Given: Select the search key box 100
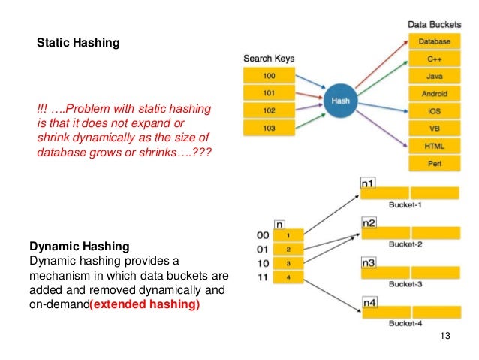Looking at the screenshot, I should pos(269,76).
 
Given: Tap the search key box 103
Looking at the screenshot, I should pos(269,128).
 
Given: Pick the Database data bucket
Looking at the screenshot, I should pos(434,41).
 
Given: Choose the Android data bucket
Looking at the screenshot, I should pos(434,93).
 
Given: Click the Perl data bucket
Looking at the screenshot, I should pos(434,162).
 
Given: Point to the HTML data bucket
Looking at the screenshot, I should pos(434,145).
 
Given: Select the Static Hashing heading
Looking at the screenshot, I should pos(78,44).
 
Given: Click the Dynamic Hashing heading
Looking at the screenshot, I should pos(79,246).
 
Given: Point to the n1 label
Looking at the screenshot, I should pos(368,183).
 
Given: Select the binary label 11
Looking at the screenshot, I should pos(262,278).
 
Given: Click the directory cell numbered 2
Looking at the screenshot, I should pos(288,250).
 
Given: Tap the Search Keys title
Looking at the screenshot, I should pos(269,58).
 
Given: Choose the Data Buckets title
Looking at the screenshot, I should pos(434,25).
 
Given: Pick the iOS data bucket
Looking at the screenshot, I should pos(434,110).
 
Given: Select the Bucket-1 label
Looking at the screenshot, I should pos(408,204).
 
